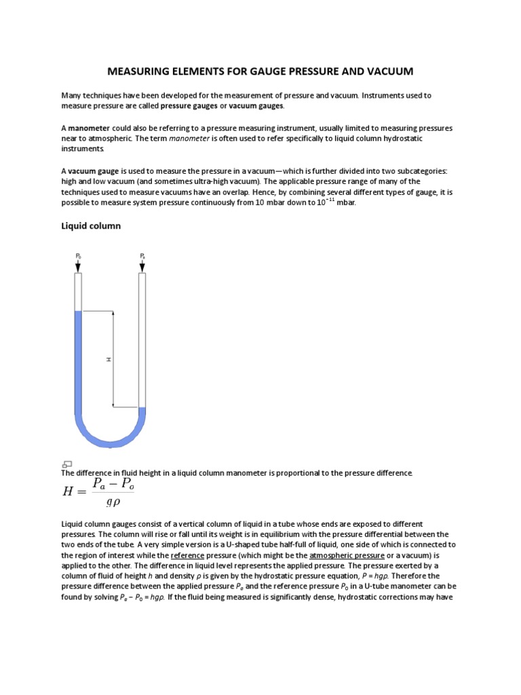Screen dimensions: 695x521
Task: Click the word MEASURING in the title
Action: [142, 71]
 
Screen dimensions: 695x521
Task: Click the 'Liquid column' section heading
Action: [91, 226]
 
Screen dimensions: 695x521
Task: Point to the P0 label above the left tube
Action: [78, 256]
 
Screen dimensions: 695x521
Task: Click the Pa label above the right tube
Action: [142, 256]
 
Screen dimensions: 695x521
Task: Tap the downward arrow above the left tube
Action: [78, 266]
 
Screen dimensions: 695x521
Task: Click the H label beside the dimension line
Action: [109, 359]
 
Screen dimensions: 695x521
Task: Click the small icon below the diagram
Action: [67, 464]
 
